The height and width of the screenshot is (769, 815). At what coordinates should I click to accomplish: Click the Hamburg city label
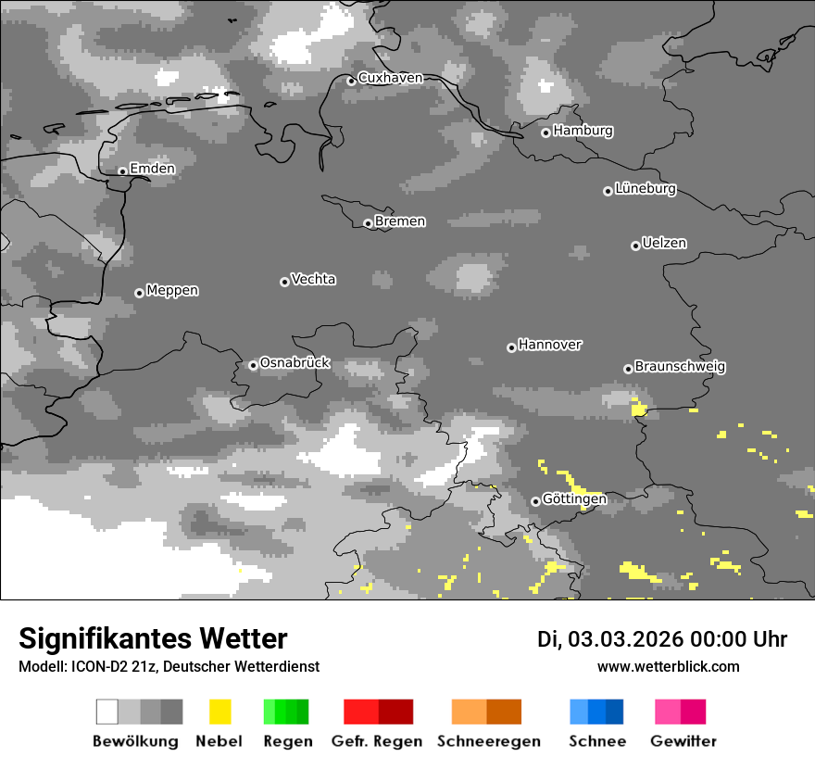pos(583,131)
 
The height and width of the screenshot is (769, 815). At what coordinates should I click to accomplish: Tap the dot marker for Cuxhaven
pos(351,81)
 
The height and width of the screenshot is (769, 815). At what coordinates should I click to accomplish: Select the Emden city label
pos(152,169)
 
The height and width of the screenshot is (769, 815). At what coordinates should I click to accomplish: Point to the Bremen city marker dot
pos(368,223)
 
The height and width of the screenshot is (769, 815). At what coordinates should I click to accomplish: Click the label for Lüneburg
pos(645,189)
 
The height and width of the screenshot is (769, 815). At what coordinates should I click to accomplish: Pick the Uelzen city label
pos(664,243)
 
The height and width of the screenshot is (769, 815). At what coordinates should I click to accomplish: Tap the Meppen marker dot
pos(139,293)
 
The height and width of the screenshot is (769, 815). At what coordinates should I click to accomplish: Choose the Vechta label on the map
pos(313,279)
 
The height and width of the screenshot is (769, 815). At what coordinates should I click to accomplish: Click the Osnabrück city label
pos(295,363)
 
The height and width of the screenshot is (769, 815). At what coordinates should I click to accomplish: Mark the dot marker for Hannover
pos(511,347)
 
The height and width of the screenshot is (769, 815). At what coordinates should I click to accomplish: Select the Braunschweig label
pos(680,367)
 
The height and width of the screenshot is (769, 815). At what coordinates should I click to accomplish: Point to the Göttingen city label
pos(574,499)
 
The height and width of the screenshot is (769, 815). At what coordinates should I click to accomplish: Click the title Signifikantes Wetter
pos(153,639)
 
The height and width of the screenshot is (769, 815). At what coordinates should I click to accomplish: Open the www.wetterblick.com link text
pos(668,666)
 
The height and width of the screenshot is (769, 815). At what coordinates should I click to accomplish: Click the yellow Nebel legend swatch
pos(219,712)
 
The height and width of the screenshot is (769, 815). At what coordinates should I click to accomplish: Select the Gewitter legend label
pos(683,741)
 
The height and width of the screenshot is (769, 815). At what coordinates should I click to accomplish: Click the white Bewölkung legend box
pos(107,712)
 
